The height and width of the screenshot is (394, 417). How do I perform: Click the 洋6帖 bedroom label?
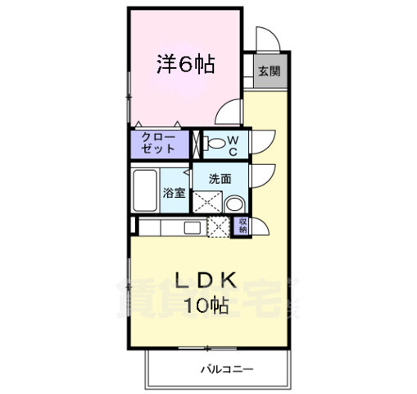click(x=185, y=66)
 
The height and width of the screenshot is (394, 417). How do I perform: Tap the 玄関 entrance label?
click(x=269, y=71)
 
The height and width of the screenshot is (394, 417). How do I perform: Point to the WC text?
click(x=232, y=145)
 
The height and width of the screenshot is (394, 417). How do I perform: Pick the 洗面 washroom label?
click(x=219, y=178)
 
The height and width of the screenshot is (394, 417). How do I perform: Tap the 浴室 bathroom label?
click(x=174, y=194)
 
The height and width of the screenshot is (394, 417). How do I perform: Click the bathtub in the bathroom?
click(x=146, y=190)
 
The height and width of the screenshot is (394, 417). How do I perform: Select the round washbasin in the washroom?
click(x=233, y=205)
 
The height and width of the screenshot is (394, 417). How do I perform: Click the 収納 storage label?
click(x=243, y=226)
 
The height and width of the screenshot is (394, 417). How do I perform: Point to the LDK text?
click(x=207, y=282)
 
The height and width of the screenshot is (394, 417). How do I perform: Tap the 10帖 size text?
click(x=207, y=306)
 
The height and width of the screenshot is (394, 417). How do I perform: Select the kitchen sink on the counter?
click(x=193, y=227)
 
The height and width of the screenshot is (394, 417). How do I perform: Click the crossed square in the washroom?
click(x=206, y=201)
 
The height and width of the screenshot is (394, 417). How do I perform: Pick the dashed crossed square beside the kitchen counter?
click(x=218, y=227)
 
